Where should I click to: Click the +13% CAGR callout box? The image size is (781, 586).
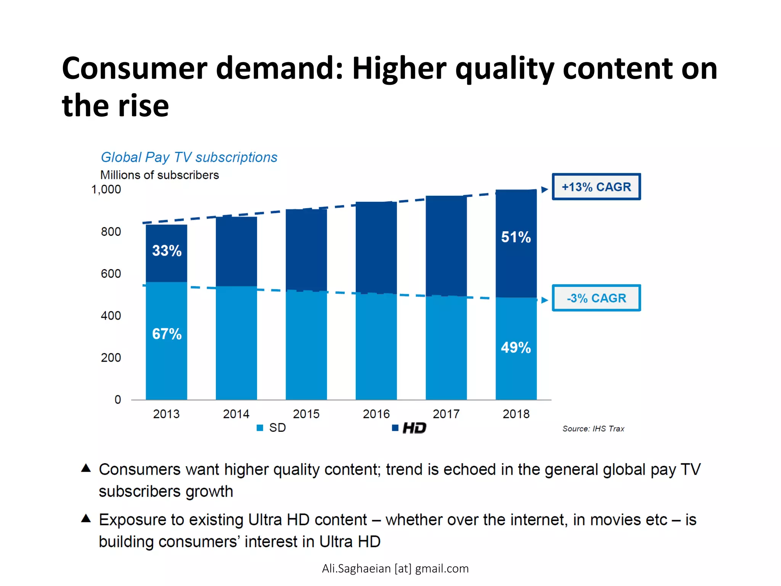pyautogui.click(x=596, y=187)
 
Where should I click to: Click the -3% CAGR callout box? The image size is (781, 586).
pyautogui.click(x=596, y=298)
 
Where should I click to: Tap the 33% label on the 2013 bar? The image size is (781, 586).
pyautogui.click(x=167, y=251)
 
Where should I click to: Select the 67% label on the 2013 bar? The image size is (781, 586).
pyautogui.click(x=167, y=334)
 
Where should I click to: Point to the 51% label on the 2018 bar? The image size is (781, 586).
pyautogui.click(x=516, y=237)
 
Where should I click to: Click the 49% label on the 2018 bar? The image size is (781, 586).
pyautogui.click(x=516, y=348)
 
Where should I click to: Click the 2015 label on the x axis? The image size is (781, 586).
pyautogui.click(x=306, y=414)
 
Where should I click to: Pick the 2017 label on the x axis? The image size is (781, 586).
pyautogui.click(x=446, y=414)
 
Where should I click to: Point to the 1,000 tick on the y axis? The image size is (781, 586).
pyautogui.click(x=106, y=189)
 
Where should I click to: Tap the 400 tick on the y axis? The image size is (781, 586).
pyautogui.click(x=111, y=316)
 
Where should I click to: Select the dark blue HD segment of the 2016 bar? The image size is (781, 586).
pyautogui.click(x=376, y=248)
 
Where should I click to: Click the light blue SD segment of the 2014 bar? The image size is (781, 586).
pyautogui.click(x=236, y=343)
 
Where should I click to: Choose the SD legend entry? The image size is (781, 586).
pyautogui.click(x=272, y=428)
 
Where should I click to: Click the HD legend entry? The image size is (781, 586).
pyautogui.click(x=410, y=428)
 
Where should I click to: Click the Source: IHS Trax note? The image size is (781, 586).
pyautogui.click(x=593, y=429)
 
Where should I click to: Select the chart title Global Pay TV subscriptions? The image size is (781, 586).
pyautogui.click(x=189, y=157)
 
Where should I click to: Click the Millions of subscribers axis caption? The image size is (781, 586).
pyautogui.click(x=159, y=175)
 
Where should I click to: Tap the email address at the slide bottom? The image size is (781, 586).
pyautogui.click(x=395, y=568)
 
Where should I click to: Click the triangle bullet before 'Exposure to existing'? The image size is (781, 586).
pyautogui.click(x=86, y=518)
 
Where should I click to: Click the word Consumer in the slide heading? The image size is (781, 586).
pyautogui.click(x=134, y=69)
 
